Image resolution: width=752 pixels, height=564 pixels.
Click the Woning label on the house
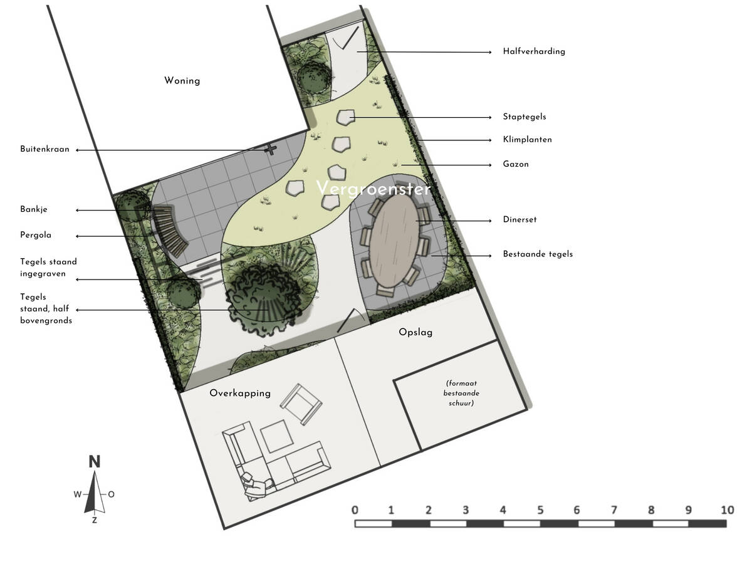click(x=182, y=81)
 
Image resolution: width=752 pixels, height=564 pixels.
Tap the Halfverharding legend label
click(x=534, y=51)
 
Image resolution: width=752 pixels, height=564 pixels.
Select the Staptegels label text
click(x=524, y=117)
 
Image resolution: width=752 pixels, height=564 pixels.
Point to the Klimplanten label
click(x=527, y=140)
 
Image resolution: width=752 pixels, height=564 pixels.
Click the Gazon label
click(x=516, y=164)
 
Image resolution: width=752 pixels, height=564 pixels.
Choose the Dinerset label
click(x=520, y=219)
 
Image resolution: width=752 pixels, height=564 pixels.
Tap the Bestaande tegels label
click(x=538, y=254)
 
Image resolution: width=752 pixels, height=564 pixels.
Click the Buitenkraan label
click(x=44, y=149)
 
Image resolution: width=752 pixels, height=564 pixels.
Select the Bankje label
click(x=34, y=209)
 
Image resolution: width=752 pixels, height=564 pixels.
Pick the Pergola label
click(x=36, y=235)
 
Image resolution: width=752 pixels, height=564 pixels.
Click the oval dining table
click(x=394, y=241)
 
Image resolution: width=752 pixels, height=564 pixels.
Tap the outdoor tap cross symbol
click(x=271, y=149)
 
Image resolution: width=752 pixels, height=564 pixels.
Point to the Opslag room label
click(x=415, y=332)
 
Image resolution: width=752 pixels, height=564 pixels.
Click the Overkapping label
click(x=240, y=393)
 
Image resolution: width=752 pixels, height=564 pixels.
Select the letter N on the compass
click(x=95, y=462)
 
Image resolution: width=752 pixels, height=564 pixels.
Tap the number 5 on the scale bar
click(x=540, y=510)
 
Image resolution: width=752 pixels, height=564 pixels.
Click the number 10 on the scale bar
click(x=728, y=510)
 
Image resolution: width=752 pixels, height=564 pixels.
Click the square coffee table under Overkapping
click(x=277, y=436)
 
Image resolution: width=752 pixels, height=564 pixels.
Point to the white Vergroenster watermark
click(x=373, y=189)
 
